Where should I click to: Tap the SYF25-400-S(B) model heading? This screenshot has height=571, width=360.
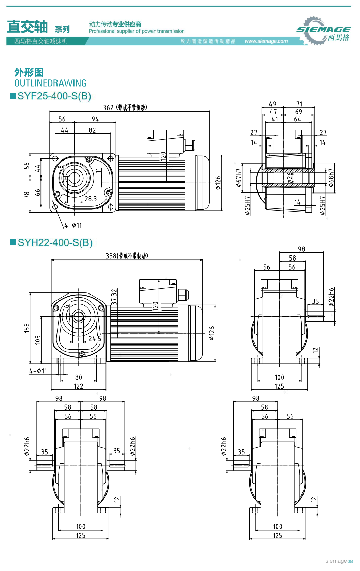(54, 96)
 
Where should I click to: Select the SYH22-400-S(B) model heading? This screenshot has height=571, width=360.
(55, 242)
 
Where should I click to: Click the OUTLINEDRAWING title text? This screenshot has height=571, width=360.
(50, 83)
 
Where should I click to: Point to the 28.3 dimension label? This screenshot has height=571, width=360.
(91, 199)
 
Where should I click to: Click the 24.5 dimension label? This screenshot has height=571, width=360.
(95, 339)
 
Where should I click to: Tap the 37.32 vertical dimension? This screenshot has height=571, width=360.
(114, 297)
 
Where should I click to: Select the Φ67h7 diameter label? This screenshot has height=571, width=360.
(239, 178)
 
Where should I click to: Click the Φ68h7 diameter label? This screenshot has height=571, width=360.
(331, 178)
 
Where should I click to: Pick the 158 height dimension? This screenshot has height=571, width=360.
(27, 328)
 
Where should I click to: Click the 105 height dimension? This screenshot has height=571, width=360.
(38, 339)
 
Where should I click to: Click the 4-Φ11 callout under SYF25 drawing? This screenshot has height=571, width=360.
(73, 225)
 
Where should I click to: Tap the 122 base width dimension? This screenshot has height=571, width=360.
(79, 386)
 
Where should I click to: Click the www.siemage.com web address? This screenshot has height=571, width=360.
(266, 41)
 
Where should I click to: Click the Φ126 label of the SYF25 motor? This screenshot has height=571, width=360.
(218, 183)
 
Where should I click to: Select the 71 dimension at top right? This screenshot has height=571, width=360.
(299, 104)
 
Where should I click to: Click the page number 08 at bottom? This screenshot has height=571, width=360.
(350, 561)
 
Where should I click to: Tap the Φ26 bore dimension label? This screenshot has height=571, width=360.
(290, 178)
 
